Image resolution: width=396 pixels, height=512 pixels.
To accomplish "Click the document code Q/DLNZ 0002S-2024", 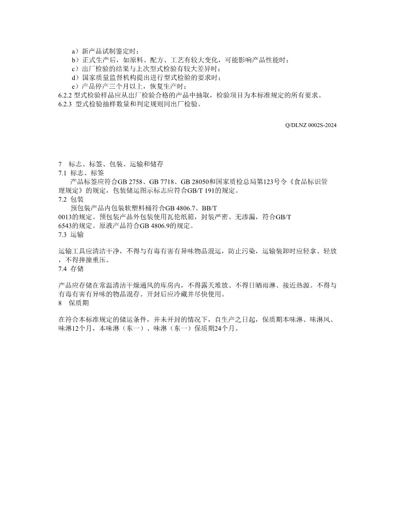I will pyautogui.click(x=311, y=125).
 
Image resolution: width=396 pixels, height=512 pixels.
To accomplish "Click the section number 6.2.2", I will pyautogui.click(x=65, y=95).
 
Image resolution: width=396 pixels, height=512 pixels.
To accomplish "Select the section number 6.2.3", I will pyautogui.click(x=65, y=104).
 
